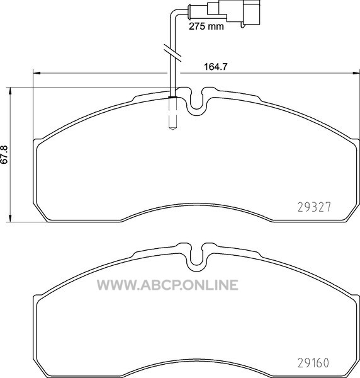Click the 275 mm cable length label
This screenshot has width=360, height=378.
206,26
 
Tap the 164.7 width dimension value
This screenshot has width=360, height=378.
215,67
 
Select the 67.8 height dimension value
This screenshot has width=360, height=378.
4,155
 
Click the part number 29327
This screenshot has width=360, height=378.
314,207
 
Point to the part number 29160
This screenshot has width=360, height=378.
313,362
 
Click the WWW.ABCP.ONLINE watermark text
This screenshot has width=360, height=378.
167,285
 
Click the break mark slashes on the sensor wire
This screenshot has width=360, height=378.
172,52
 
